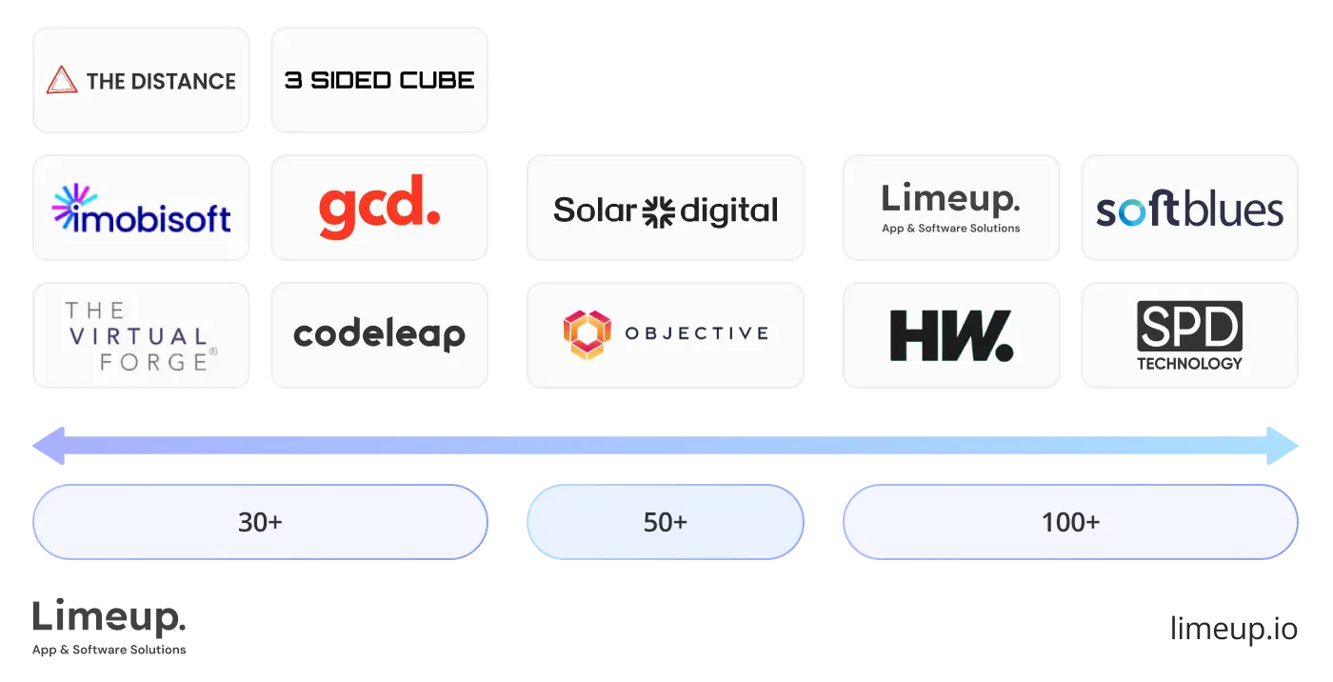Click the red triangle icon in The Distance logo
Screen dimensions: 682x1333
pyautogui.click(x=62, y=81)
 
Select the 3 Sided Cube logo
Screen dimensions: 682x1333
pyautogui.click(x=380, y=81)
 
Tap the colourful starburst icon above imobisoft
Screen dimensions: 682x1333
pyautogui.click(x=74, y=204)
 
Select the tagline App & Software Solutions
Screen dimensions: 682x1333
pyautogui.click(x=950, y=229)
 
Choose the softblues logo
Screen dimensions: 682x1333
pyautogui.click(x=1189, y=210)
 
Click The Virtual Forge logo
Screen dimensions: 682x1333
pyautogui.click(x=140, y=335)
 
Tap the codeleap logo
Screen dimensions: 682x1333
pyautogui.click(x=379, y=335)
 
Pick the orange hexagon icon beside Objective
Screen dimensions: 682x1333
pyautogui.click(x=585, y=334)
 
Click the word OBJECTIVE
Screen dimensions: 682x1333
pyautogui.click(x=696, y=333)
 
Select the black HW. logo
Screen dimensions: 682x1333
pyautogui.click(x=950, y=336)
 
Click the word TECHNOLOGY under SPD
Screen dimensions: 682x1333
pyautogui.click(x=1189, y=363)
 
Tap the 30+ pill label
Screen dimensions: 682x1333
pyautogui.click(x=260, y=522)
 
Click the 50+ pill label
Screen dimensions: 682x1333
pyautogui.click(x=665, y=522)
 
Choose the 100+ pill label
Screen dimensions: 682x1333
pyautogui.click(x=1070, y=522)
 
